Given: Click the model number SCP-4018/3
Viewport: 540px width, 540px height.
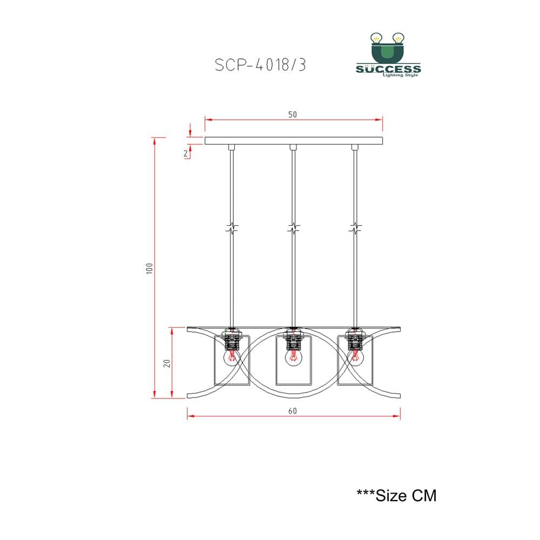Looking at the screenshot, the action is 260,65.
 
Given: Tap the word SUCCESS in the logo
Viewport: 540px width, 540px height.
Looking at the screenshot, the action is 388,69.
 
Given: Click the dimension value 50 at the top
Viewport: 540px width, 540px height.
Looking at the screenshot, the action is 292,114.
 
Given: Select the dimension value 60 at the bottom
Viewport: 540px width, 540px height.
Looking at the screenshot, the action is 292,411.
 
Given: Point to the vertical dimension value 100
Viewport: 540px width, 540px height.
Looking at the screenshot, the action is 150,268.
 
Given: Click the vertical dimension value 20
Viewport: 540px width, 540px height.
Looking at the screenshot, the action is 167,363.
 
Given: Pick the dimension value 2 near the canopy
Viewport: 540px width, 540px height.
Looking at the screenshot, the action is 186,153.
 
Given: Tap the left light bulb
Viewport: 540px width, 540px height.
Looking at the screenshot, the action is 232,358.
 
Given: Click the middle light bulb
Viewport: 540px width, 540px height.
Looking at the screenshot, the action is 293,358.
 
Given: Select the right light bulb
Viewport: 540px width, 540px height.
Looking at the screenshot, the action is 355,358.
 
